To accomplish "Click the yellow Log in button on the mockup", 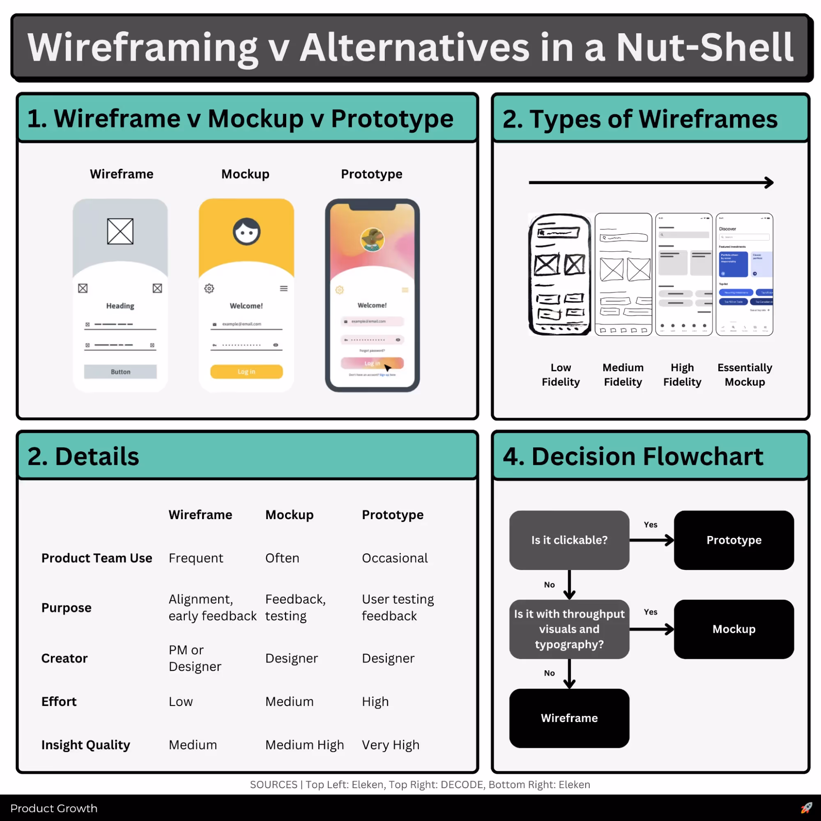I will point(246,372).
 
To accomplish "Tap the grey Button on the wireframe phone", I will point(120,372).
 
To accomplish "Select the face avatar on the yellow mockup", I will point(246,232).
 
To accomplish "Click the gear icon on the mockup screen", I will point(209,289).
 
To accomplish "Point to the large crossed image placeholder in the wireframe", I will point(120,232).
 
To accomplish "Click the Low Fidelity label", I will point(561,375).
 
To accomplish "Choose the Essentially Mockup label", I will point(745,375).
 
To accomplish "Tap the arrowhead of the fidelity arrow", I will point(769,183).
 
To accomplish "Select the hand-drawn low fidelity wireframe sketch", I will point(560,274).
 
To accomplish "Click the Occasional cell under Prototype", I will point(394,558).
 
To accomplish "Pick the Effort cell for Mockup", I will point(289,701).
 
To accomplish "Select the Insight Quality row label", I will point(85,745).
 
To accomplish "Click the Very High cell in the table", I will point(390,745).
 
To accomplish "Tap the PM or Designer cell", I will point(195,658).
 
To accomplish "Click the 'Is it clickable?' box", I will point(569,540).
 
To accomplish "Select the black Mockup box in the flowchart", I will point(734,629).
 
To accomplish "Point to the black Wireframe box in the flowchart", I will point(569,718).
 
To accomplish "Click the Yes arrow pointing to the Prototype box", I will point(652,540).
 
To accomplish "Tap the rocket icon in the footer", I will point(806,808).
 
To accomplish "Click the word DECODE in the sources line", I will point(462,784).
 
